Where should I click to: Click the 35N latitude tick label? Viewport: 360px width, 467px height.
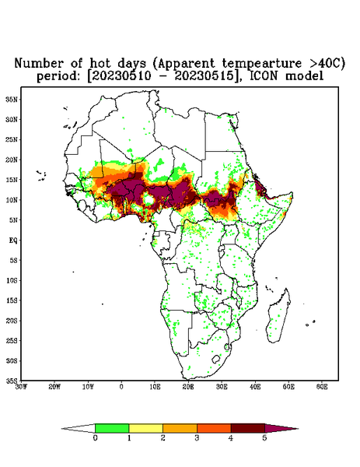12,99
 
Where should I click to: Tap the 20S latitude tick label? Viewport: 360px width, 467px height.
12,321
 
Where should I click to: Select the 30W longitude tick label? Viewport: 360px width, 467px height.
21,387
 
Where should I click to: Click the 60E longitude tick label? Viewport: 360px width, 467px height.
322,387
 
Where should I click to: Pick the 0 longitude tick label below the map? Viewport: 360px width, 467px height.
121,387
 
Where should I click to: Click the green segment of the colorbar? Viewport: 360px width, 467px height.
112,428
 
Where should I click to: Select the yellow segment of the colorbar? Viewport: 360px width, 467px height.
145,428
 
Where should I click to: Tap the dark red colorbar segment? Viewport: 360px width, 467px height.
248,428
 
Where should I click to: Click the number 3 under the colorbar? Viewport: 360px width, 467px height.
197,438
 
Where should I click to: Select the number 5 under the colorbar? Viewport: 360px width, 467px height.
264,438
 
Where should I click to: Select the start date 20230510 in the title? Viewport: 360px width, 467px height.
119,75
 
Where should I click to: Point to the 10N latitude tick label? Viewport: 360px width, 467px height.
12,200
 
